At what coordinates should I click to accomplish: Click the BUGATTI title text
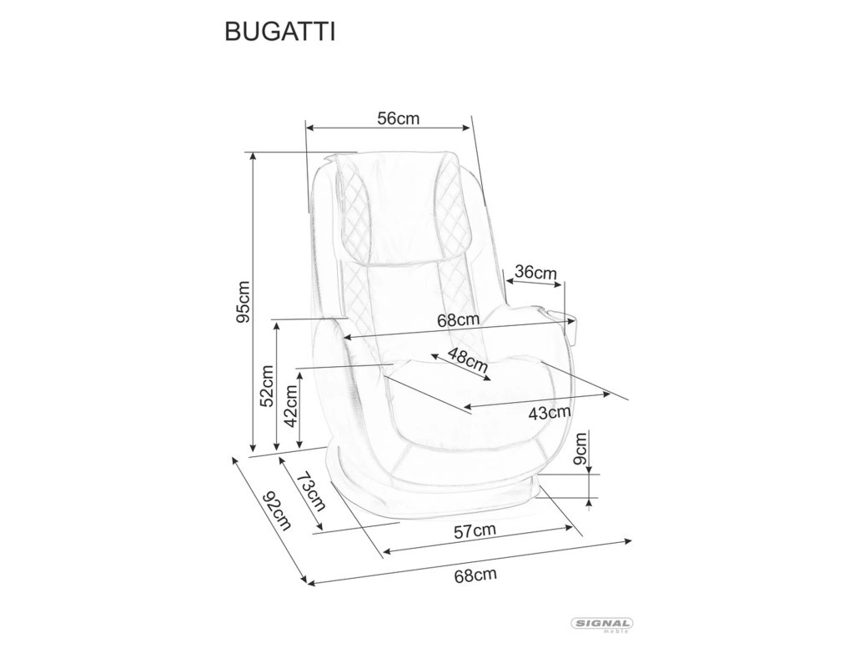(280, 33)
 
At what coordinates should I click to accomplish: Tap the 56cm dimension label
(398, 118)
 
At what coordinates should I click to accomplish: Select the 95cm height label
(243, 301)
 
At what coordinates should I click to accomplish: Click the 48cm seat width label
(467, 360)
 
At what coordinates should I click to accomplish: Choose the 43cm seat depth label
(550, 413)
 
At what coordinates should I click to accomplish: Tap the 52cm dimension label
(267, 385)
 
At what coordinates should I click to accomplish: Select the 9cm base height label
(581, 448)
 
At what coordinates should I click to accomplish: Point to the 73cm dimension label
(311, 491)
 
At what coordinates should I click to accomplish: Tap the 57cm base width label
(475, 531)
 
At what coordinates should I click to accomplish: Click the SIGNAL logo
(600, 625)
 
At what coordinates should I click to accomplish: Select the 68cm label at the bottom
(475, 575)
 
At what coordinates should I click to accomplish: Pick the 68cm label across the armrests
(459, 319)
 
